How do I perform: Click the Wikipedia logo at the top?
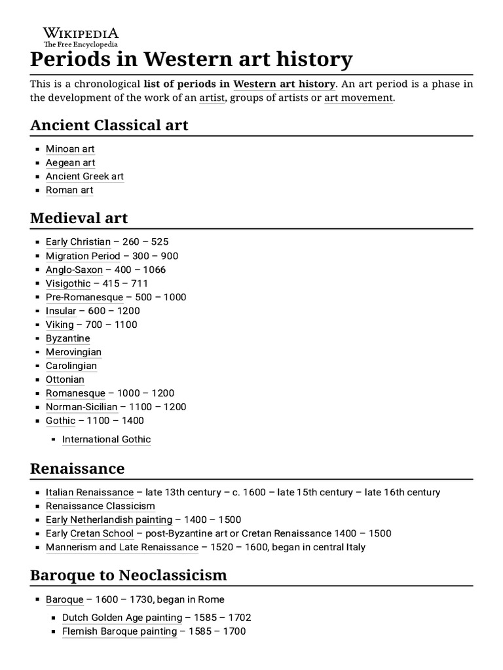pyautogui.click(x=81, y=37)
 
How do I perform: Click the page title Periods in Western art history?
pyautogui.click(x=191, y=60)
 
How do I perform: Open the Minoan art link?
pyautogui.click(x=70, y=149)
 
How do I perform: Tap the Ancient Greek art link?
pyautogui.click(x=84, y=177)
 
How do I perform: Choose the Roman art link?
pyautogui.click(x=69, y=190)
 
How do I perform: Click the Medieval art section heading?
pyautogui.click(x=79, y=217)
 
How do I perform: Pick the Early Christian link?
pyautogui.click(x=78, y=242)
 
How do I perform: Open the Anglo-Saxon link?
pyautogui.click(x=74, y=270)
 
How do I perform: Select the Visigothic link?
pyautogui.click(x=68, y=283)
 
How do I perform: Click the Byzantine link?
pyautogui.click(x=67, y=338)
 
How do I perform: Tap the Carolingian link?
pyautogui.click(x=71, y=366)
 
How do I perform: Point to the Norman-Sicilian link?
pyautogui.click(x=81, y=407)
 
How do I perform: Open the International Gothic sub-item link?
pyautogui.click(x=106, y=440)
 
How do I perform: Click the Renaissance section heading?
pyautogui.click(x=77, y=468)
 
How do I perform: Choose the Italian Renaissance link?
pyautogui.click(x=90, y=492)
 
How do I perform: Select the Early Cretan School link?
pyautogui.click(x=90, y=533)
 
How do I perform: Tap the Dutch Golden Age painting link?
pyautogui.click(x=122, y=618)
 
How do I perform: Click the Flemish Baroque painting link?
pyautogui.click(x=119, y=631)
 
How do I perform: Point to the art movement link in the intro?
pyautogui.click(x=358, y=98)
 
